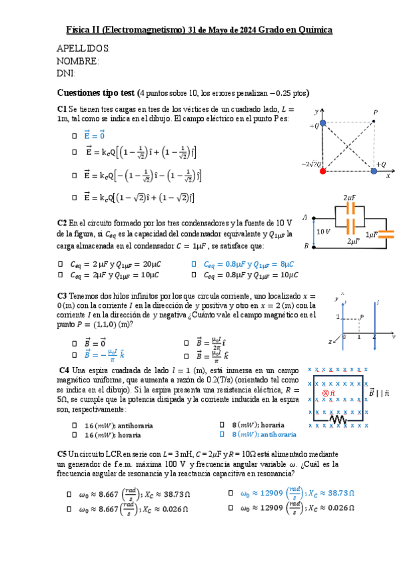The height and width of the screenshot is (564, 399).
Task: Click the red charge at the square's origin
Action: click(x=323, y=171)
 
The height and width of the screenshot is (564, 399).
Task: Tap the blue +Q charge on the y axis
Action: click(x=323, y=123)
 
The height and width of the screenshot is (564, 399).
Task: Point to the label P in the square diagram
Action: click(x=376, y=113)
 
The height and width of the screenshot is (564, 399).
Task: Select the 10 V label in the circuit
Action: click(x=323, y=231)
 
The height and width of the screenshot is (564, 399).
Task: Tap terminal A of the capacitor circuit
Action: click(x=305, y=217)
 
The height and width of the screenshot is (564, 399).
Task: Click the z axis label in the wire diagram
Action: click(x=331, y=341)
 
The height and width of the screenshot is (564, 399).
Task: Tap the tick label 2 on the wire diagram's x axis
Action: click(x=374, y=337)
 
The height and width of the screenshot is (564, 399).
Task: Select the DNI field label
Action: click(x=67, y=73)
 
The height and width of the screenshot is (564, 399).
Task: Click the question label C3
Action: click(x=62, y=295)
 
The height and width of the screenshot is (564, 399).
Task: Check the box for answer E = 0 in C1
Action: click(x=74, y=136)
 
